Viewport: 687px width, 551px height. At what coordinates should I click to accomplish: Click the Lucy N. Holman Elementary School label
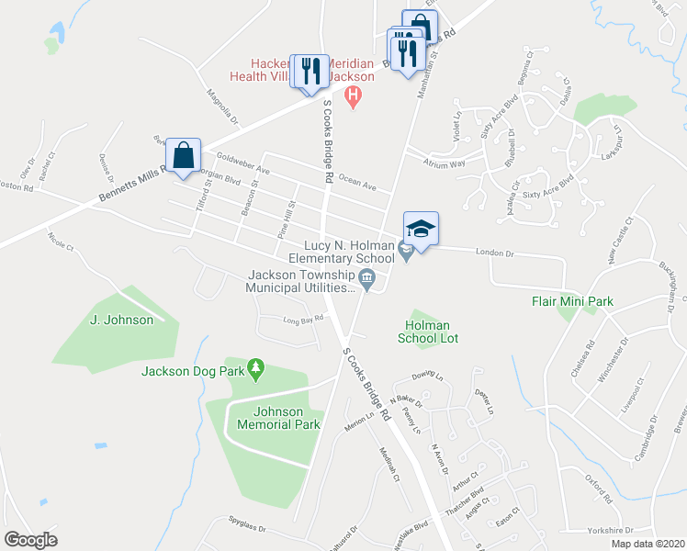(x=342, y=253)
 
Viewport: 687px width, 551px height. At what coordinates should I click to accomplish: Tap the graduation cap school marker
(x=421, y=230)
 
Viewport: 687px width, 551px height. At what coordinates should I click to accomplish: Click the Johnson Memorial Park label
(x=278, y=418)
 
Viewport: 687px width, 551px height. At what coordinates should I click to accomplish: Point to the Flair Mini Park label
(x=572, y=300)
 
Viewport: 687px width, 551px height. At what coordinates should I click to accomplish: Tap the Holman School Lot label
(x=427, y=331)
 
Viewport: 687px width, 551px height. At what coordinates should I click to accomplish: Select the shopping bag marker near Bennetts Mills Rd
(x=184, y=156)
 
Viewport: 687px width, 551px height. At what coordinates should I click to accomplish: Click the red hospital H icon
(x=350, y=96)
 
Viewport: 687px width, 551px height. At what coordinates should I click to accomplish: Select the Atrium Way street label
(x=444, y=163)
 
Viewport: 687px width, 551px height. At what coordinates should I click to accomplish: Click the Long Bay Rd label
(x=303, y=320)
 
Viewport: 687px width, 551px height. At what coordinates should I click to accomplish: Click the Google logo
(x=30, y=539)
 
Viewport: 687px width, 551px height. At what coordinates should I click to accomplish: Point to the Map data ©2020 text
(x=648, y=544)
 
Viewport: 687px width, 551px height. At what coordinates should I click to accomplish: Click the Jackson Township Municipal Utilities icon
(x=366, y=278)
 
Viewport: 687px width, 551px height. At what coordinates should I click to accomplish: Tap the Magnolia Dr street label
(x=222, y=107)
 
